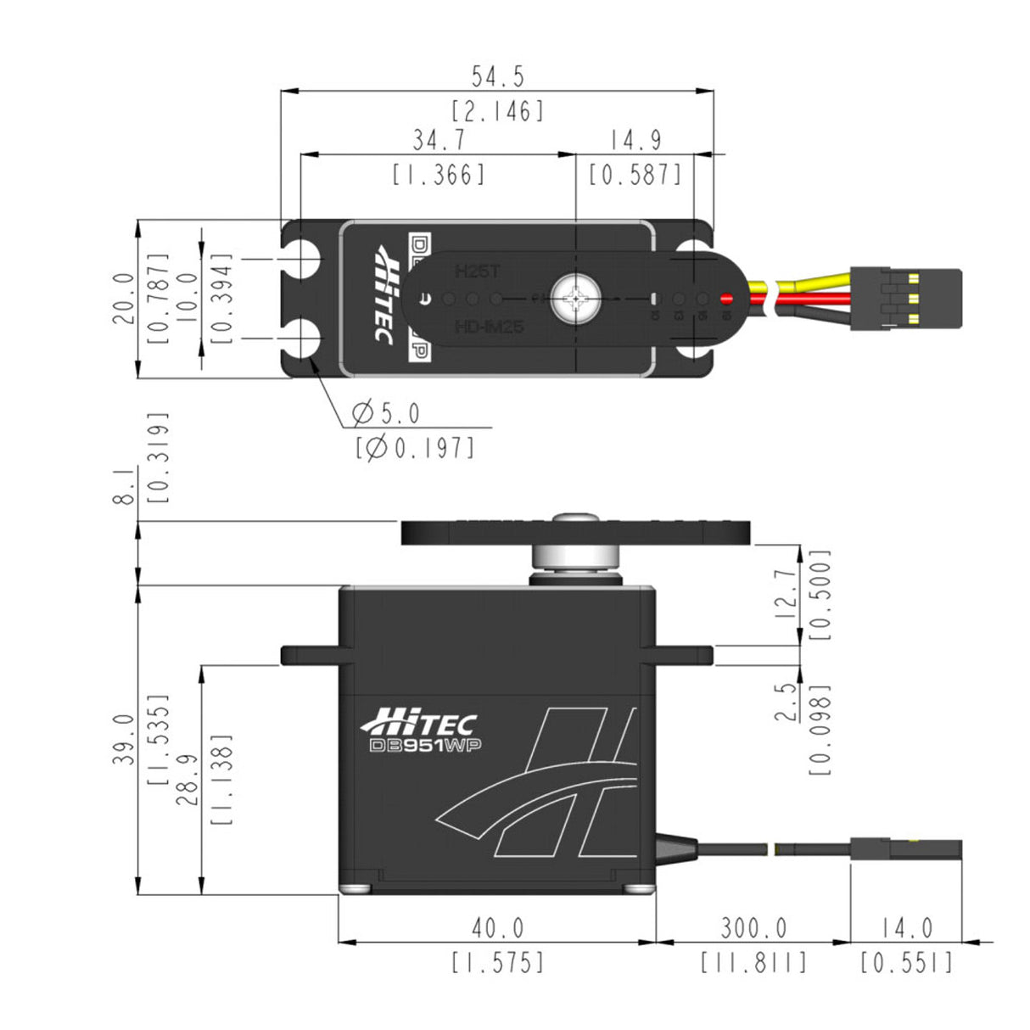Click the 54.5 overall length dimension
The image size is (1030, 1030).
coord(498,77)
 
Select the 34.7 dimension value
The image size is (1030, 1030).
coord(439,140)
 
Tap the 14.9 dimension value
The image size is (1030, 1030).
coord(635,140)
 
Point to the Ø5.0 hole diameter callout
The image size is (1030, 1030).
coord(386,414)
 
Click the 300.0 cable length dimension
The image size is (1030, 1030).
coord(753,928)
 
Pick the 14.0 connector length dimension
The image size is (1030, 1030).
coord(906,928)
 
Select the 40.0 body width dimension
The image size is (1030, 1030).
coord(498,928)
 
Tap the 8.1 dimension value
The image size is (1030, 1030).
coord(125,489)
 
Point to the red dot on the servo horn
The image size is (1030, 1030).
coord(726,299)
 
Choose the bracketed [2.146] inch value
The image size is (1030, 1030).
coord(498,111)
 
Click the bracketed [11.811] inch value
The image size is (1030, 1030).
coord(753,963)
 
